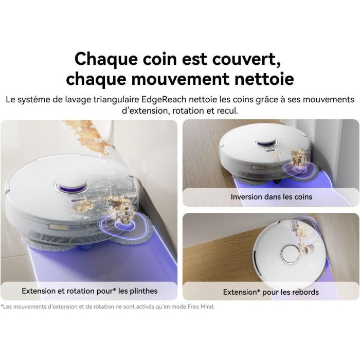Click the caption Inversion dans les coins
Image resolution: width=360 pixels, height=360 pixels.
click(x=271, y=196)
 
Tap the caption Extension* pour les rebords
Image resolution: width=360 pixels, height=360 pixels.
click(x=271, y=292)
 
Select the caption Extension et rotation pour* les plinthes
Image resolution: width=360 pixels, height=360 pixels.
click(x=89, y=291)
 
